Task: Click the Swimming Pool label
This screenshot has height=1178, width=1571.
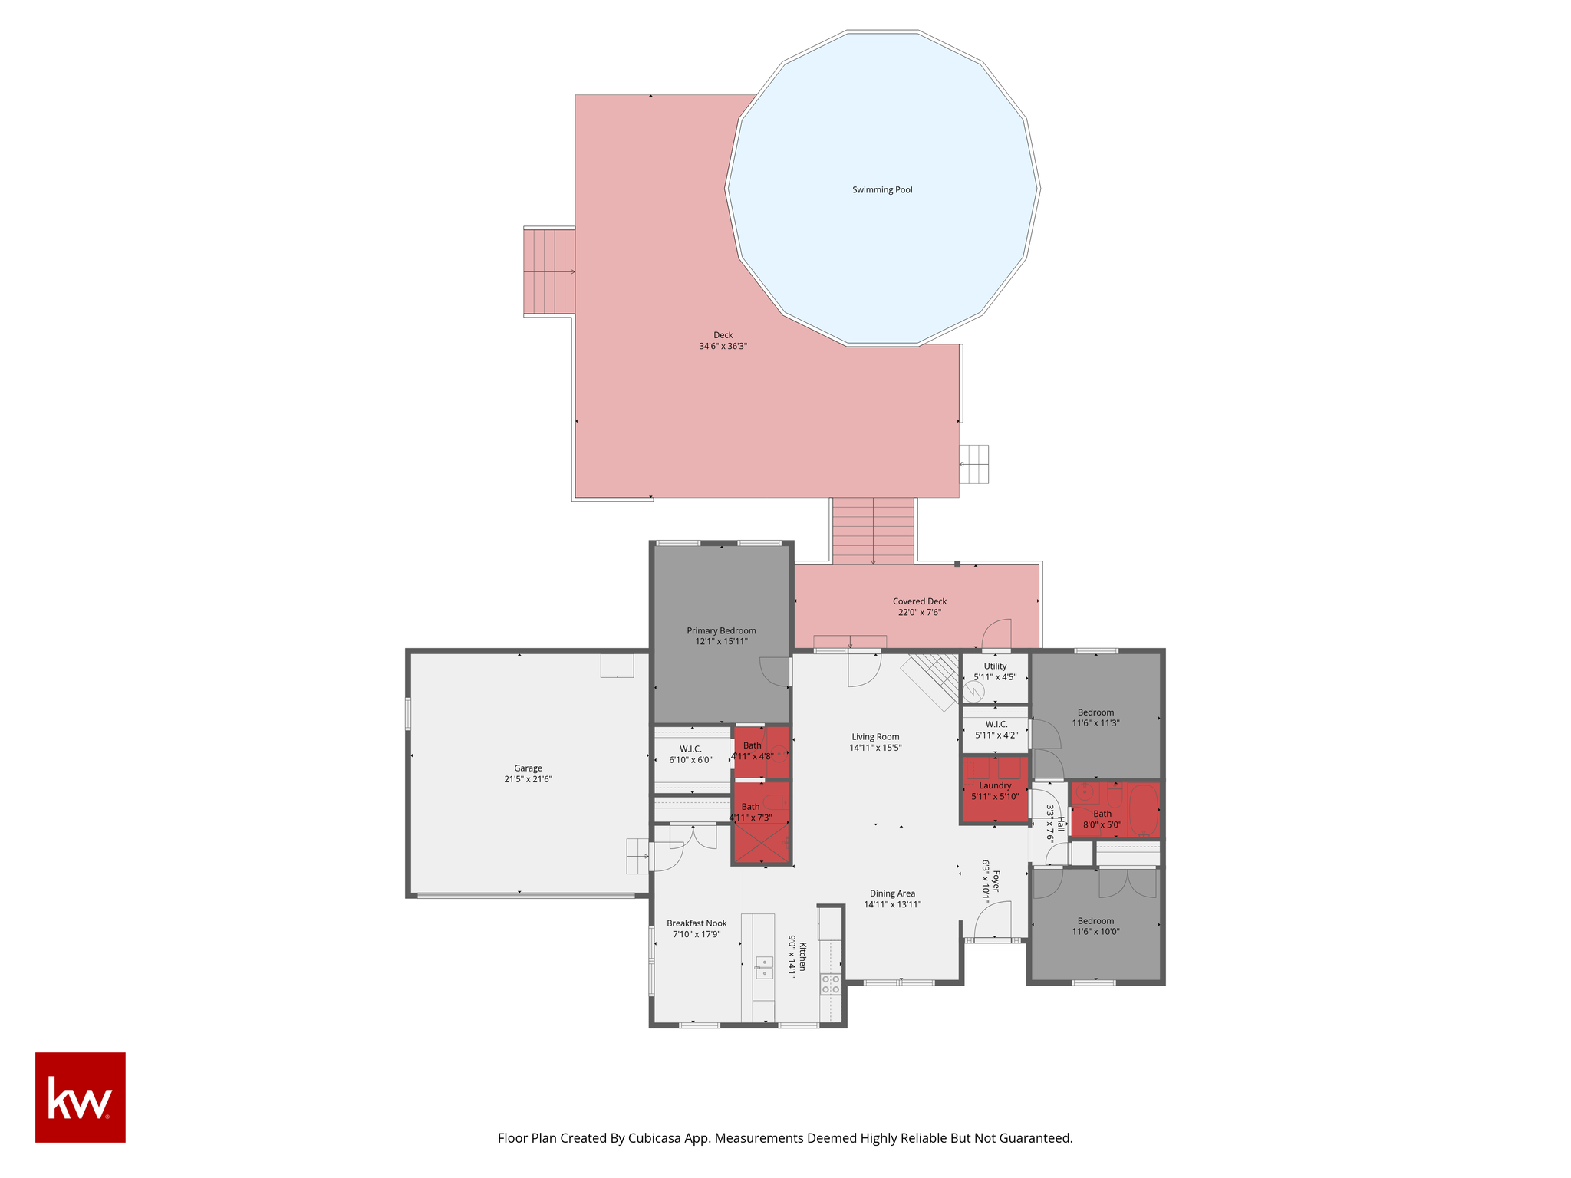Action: (x=882, y=190)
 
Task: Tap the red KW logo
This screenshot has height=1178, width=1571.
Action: (x=81, y=1097)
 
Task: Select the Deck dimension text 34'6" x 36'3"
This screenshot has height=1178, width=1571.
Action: (x=723, y=346)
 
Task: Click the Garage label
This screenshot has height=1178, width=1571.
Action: (x=528, y=768)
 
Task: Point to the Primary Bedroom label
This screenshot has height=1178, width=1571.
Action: (x=721, y=631)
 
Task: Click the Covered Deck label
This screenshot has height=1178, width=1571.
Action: (x=920, y=601)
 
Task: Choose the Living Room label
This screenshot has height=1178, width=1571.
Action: (x=875, y=737)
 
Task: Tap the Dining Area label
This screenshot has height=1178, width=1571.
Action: (x=892, y=893)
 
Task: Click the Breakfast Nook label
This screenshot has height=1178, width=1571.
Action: (x=697, y=923)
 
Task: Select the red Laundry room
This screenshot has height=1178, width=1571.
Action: (x=995, y=790)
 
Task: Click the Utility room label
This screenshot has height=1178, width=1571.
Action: (x=995, y=666)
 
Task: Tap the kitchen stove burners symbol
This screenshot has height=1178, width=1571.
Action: (x=831, y=984)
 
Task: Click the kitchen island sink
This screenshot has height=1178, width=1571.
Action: (x=764, y=967)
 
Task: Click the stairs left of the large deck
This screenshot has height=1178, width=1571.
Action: (x=549, y=271)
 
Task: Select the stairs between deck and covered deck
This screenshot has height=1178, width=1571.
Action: (x=873, y=531)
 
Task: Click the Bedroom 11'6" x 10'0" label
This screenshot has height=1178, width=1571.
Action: (x=1095, y=926)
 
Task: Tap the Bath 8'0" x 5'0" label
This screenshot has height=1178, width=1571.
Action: (x=1102, y=820)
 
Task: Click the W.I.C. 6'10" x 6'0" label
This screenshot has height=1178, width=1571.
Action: (x=690, y=755)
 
